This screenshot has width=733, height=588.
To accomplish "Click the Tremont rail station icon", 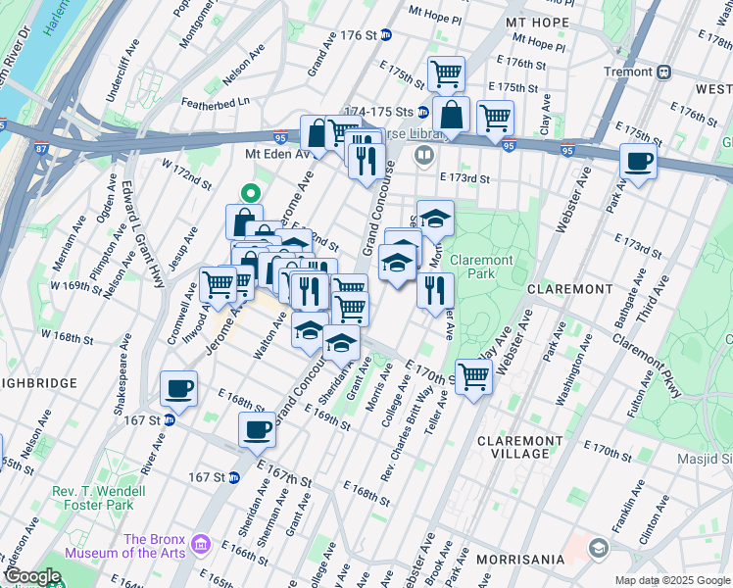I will click(664, 72).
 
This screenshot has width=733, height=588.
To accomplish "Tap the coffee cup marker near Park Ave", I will click(638, 162).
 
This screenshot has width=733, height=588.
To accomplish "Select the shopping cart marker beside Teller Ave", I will click(473, 376).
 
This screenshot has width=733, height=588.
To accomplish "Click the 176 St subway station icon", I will click(386, 35).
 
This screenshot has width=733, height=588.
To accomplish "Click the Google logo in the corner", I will click(31, 576).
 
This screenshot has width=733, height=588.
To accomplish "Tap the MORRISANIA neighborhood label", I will click(520, 559).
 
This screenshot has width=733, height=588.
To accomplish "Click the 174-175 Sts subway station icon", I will click(422, 112).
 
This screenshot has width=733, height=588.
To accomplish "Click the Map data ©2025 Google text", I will click(671, 580).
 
